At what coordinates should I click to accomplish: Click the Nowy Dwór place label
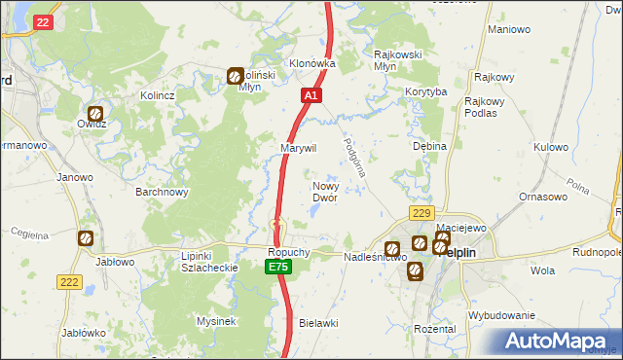(x=324, y=192)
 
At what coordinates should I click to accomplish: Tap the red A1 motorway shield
(x=311, y=96)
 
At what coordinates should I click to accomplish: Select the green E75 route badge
(x=279, y=266)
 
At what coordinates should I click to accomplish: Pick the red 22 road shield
(x=41, y=21)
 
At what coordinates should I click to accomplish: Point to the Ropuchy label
(x=288, y=251)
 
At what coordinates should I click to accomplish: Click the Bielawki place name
(x=318, y=322)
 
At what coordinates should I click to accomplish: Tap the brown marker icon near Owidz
(x=95, y=113)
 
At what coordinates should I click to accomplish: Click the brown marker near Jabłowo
(x=86, y=237)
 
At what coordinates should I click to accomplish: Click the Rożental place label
(x=434, y=329)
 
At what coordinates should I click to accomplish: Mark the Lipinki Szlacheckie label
(x=195, y=262)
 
